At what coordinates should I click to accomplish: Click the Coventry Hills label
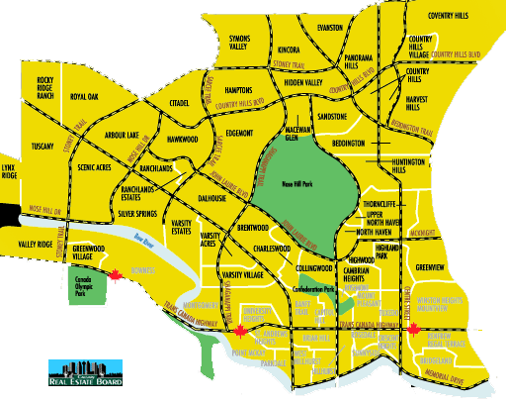[454, 16]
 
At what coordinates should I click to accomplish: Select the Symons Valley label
[240, 42]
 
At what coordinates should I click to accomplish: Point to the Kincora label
[290, 49]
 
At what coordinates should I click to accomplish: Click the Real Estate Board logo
[85, 371]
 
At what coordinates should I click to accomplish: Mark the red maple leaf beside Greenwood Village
[113, 276]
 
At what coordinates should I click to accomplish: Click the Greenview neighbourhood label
[432, 267]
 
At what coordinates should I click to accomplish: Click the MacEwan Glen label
[298, 134]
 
